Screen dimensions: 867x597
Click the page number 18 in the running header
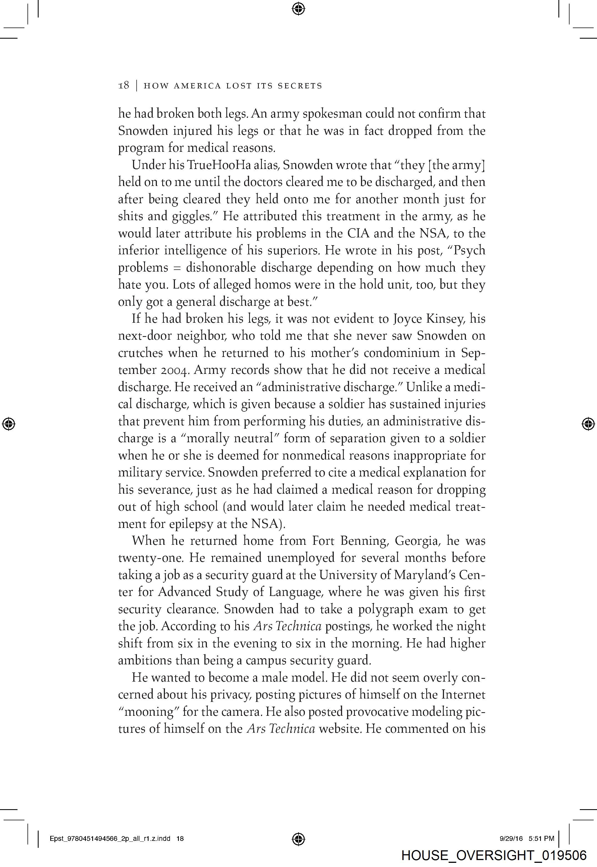point(124,85)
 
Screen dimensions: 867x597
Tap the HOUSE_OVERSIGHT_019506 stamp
point(493,855)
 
